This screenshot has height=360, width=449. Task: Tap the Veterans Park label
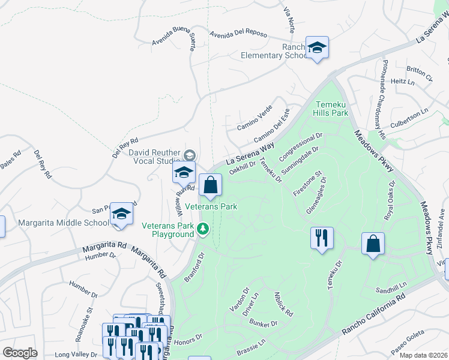[x=211, y=206]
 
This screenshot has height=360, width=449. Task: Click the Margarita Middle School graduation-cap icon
[x=121, y=214]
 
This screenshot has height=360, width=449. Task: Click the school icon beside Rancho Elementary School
[x=316, y=47]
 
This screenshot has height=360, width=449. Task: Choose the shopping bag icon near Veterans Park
[x=211, y=185]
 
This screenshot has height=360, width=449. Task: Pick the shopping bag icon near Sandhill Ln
[x=373, y=244]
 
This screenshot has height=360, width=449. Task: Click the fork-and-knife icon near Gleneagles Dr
[x=322, y=238]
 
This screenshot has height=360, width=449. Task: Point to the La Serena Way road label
[x=250, y=154]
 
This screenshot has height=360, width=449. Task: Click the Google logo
[x=20, y=353]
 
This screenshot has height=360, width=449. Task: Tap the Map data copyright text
[x=423, y=355]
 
